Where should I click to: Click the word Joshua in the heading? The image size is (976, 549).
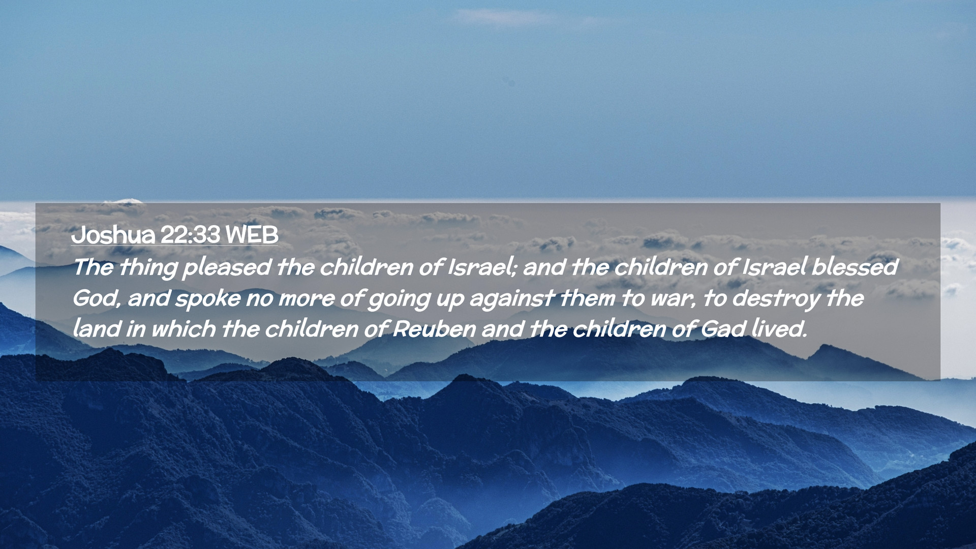click(x=113, y=235)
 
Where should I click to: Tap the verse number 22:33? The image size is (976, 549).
click(x=190, y=235)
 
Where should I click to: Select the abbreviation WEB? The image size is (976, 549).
click(x=252, y=235)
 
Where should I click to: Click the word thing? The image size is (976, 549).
click(x=148, y=268)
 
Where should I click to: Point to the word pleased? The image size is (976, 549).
click(x=227, y=268)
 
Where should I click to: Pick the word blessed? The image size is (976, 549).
click(x=855, y=267)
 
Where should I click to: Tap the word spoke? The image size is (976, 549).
click(x=207, y=299)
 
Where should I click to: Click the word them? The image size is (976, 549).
click(x=587, y=298)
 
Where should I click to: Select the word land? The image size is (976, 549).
click(x=97, y=328)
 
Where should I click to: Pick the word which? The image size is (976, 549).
click(x=183, y=328)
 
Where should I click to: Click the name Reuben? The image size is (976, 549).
click(x=435, y=329)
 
